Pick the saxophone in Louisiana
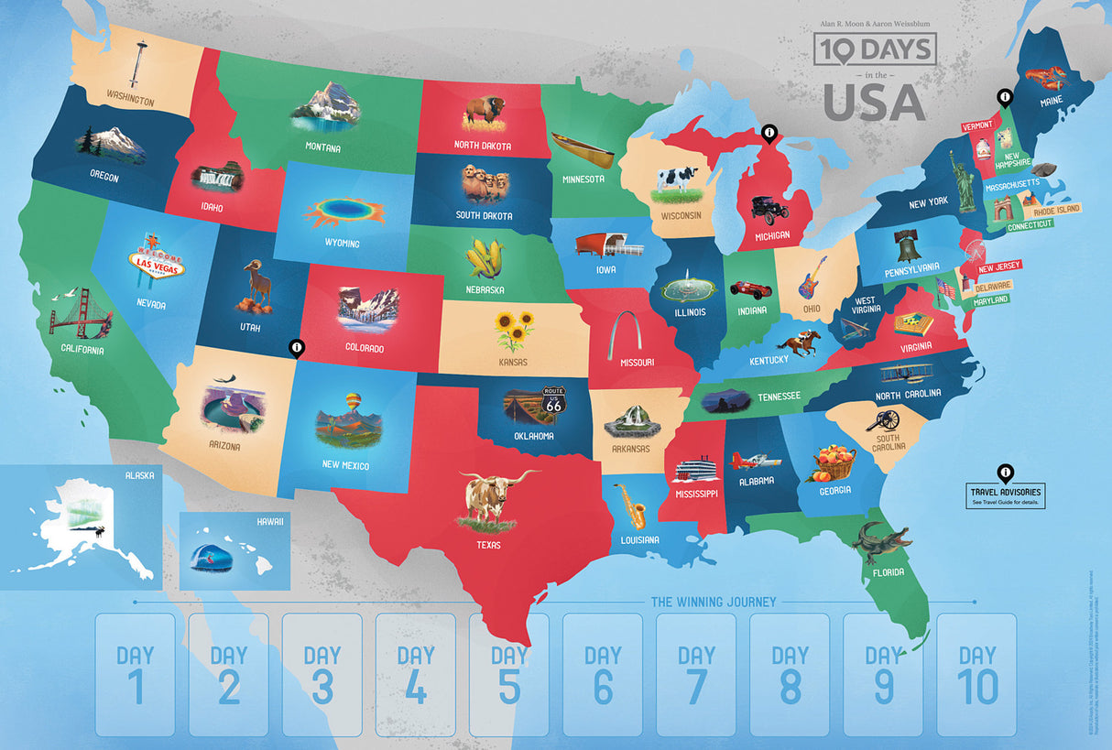pyautogui.click(x=631, y=505)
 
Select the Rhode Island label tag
pyautogui.click(x=1057, y=210)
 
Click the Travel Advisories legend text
pyautogui.click(x=1007, y=495)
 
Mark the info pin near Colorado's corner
pyautogui.click(x=295, y=348)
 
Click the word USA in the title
pyautogui.click(x=874, y=103)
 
